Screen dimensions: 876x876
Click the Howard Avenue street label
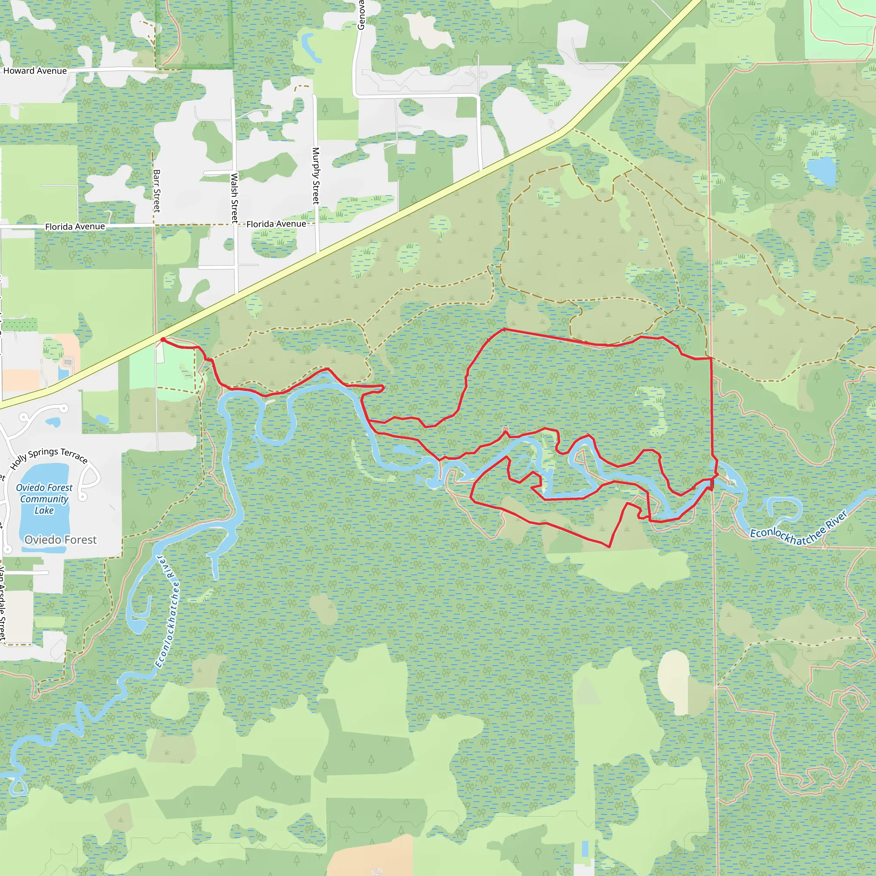pos(35,71)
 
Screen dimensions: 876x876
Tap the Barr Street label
pos(157,190)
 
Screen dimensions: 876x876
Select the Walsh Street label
pos(234,198)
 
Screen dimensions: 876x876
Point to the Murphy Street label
pos(316,175)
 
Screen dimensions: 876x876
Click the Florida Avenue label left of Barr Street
pos(75,226)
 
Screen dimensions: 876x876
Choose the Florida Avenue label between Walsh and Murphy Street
pos(276,224)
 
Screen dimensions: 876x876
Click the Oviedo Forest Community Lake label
pos(44,499)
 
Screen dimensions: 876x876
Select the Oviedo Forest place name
pos(60,539)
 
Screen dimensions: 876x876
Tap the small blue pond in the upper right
pos(821,171)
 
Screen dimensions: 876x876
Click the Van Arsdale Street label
pos(3,603)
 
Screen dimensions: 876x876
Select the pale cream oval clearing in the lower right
pos(673,680)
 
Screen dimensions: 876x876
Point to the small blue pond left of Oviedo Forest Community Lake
pos(53,422)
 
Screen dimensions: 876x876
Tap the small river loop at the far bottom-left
pos(18,787)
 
